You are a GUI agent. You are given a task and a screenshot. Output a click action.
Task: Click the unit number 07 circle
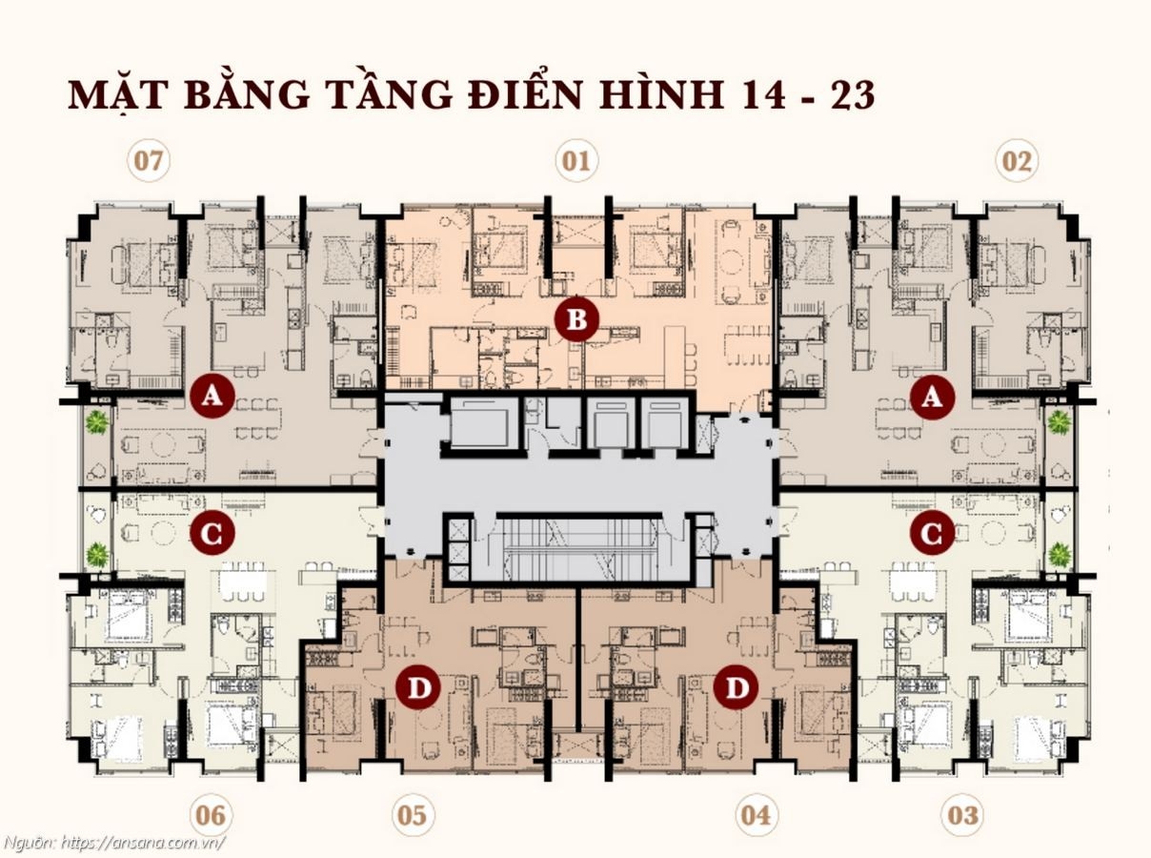(x=149, y=161)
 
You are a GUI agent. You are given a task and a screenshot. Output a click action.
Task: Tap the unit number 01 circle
(x=575, y=161)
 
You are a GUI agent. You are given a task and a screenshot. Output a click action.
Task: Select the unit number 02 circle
(x=1017, y=161)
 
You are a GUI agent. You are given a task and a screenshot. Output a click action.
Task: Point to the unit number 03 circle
(x=962, y=816)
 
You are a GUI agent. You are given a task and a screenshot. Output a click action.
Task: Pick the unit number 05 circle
(x=412, y=816)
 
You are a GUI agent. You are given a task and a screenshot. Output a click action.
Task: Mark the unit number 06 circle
(x=210, y=816)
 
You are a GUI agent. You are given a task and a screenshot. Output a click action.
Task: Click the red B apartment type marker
(x=576, y=320)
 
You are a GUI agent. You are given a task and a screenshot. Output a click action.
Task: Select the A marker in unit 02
(x=931, y=398)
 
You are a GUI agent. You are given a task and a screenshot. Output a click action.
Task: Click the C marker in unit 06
(x=212, y=535)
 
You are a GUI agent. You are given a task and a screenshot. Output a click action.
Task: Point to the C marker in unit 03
(x=931, y=535)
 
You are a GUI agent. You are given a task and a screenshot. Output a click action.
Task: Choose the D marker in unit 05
(x=416, y=688)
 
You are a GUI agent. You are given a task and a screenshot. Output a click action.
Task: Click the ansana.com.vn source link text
(x=143, y=843)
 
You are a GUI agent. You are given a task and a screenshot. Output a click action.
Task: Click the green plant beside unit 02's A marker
(x=1059, y=422)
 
